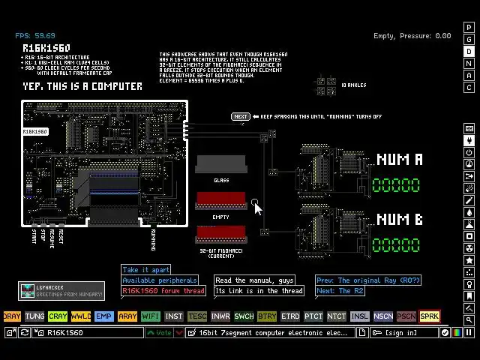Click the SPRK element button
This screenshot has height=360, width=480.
[x=430, y=316]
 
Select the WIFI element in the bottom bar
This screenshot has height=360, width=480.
[x=151, y=316]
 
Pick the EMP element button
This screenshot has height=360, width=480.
[x=104, y=316]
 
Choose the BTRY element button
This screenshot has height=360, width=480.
[x=267, y=316]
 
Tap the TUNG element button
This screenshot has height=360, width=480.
[x=34, y=316]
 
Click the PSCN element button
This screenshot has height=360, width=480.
[x=406, y=316]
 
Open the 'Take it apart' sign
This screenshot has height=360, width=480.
[x=146, y=270]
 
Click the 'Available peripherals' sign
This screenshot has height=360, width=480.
[x=160, y=280]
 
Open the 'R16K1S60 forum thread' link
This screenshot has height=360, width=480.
[x=163, y=291]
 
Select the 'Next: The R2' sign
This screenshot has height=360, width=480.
[x=340, y=291]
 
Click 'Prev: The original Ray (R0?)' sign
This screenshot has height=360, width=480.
[x=368, y=280]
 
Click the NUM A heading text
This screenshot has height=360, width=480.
[x=400, y=160]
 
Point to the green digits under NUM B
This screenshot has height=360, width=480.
[x=396, y=245]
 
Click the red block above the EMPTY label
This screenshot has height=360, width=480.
[x=221, y=201]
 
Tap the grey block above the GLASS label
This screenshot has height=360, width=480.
[x=221, y=164]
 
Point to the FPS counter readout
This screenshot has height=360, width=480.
[x=35, y=35]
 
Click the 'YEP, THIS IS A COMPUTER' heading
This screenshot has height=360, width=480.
[x=82, y=86]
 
